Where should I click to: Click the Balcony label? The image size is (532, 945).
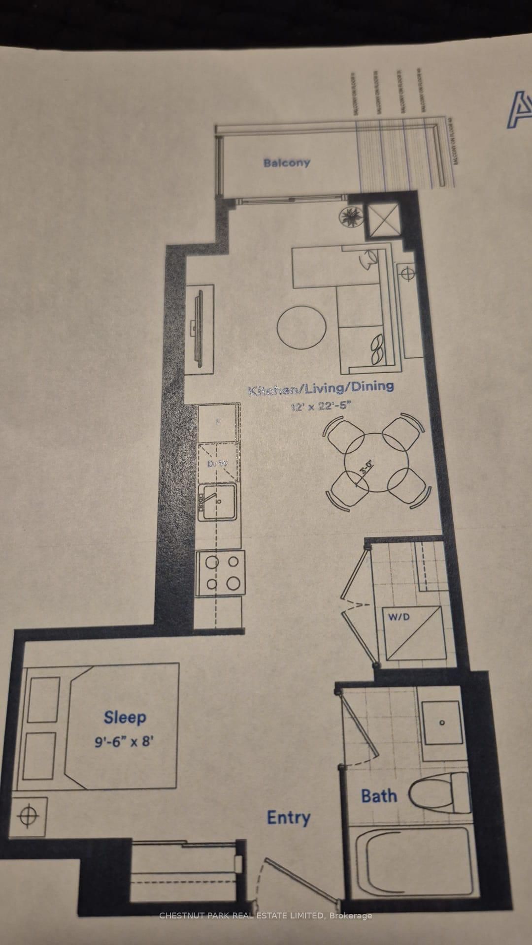pos(287,162)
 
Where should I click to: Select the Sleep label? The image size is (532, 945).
pos(125,717)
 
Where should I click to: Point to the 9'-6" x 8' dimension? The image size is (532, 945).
pos(125,741)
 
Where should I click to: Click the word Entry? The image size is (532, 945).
pos(289,818)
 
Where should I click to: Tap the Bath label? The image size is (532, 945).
pos(379,795)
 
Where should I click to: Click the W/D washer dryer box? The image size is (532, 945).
pos(413,633)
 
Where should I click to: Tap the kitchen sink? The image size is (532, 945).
pos(217,502)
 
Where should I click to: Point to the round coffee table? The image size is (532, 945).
pos(301,327)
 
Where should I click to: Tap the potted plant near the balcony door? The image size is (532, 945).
pos(352,217)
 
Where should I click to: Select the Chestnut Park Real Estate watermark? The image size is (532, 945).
pos(266,915)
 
